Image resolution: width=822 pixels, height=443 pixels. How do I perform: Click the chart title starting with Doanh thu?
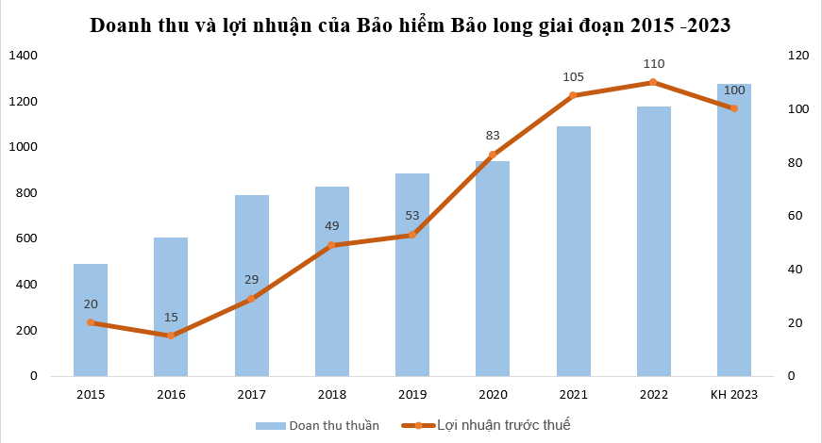click(x=410, y=25)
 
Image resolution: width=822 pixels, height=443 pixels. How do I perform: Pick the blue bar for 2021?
click(x=573, y=251)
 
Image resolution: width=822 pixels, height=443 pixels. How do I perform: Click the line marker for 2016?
click(x=171, y=336)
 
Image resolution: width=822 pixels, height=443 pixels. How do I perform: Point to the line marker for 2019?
click(x=412, y=235)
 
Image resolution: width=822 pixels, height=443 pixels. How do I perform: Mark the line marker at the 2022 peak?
click(x=653, y=83)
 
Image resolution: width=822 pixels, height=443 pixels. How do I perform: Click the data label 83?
click(x=493, y=135)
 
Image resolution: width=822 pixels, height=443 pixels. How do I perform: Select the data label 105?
click(x=573, y=76)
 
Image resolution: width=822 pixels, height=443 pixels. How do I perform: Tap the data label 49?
click(x=331, y=225)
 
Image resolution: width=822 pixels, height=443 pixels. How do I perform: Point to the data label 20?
click(x=91, y=304)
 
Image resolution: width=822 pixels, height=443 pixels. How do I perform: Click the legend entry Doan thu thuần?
click(x=318, y=425)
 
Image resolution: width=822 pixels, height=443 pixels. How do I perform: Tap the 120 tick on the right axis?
click(x=798, y=56)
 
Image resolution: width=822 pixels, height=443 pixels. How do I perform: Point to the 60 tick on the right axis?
click(x=796, y=216)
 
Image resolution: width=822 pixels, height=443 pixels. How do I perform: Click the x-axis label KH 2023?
click(x=733, y=394)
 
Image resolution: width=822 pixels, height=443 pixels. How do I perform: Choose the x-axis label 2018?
click(x=331, y=394)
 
